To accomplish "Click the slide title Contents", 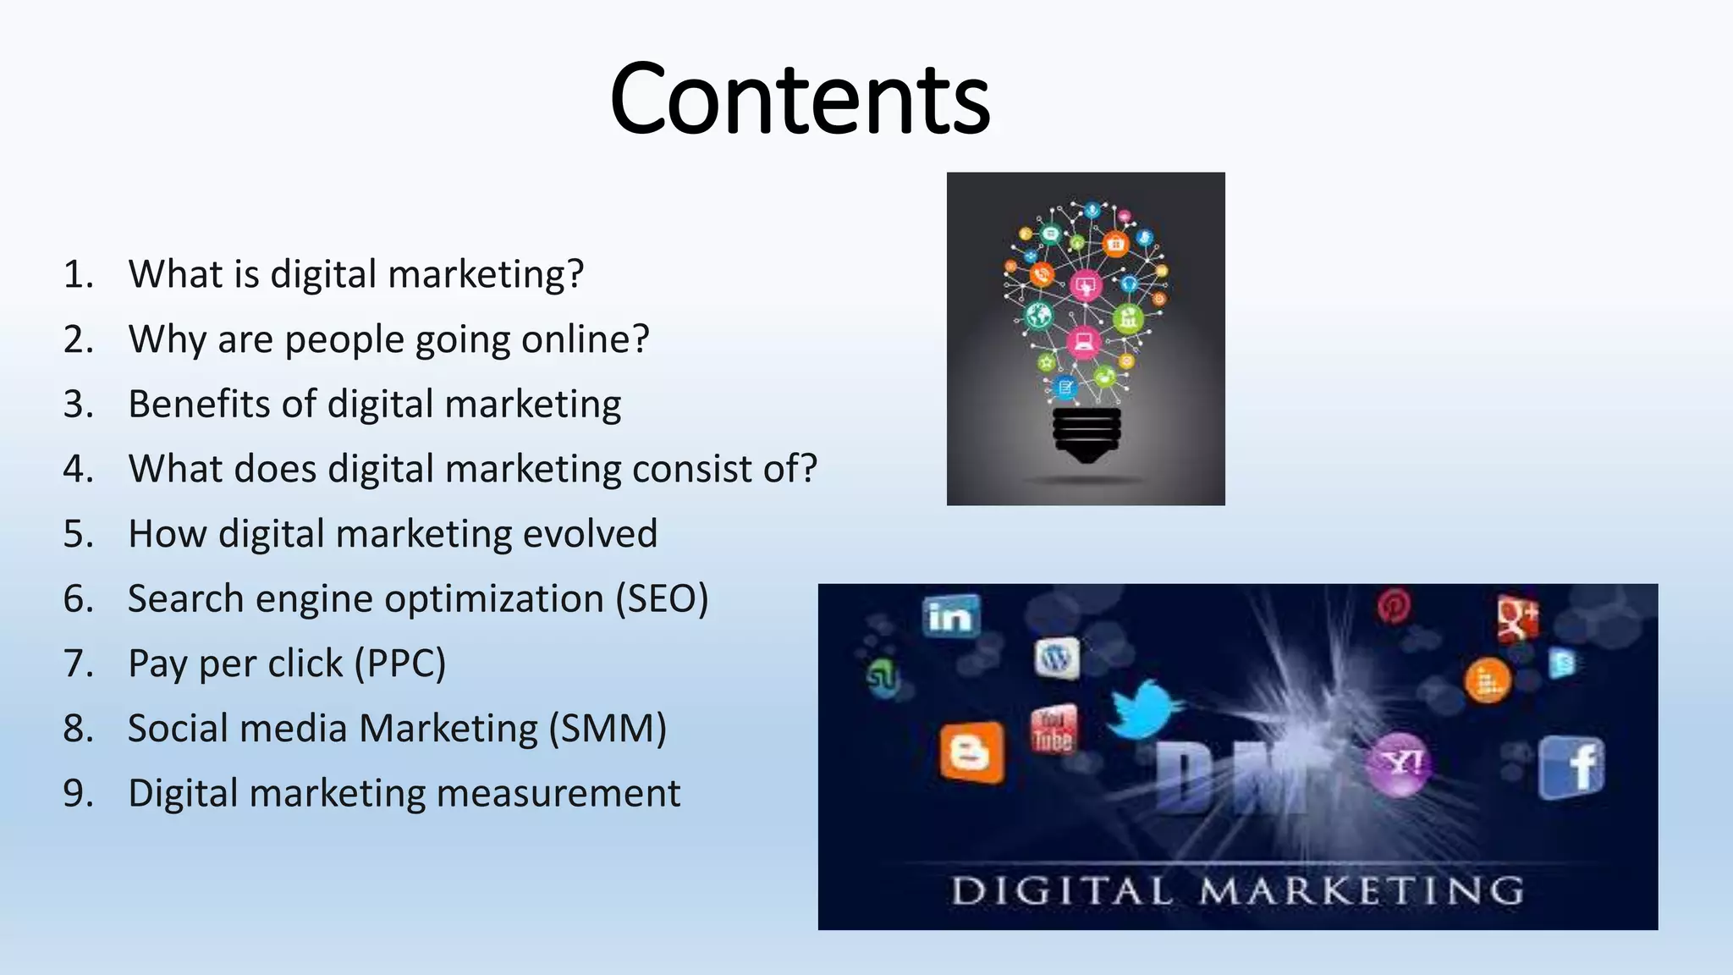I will (x=800, y=99).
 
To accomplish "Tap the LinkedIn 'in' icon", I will (x=951, y=615).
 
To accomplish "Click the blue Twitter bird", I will (x=1142, y=708).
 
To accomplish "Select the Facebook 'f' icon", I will (x=1572, y=767).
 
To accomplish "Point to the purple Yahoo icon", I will (x=1400, y=764).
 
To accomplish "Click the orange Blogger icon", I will (x=972, y=752).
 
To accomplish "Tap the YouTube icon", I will (x=1054, y=730).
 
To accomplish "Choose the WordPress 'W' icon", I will (x=1057, y=658).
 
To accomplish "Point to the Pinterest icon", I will (x=1394, y=606).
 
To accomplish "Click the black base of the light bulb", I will (x=1087, y=434).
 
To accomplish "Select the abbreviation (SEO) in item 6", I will (x=662, y=599).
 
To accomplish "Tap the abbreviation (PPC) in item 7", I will (x=399, y=664).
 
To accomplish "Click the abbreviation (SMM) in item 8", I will (x=608, y=729).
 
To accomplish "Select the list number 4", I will (x=77, y=469).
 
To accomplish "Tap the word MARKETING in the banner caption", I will (x=1361, y=891).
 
